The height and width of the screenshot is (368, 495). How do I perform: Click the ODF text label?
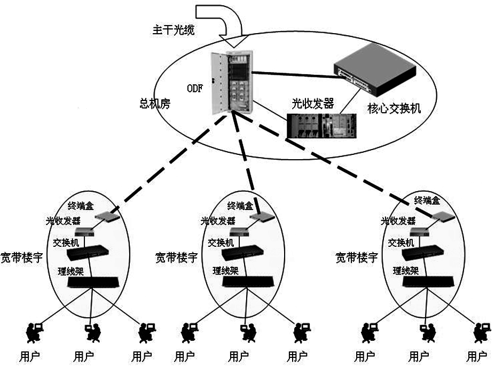click(195, 89)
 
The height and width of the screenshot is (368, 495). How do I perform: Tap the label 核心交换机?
click(394, 108)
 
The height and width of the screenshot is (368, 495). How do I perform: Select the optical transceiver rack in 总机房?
click(321, 125)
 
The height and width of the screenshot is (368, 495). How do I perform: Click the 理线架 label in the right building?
click(405, 271)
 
